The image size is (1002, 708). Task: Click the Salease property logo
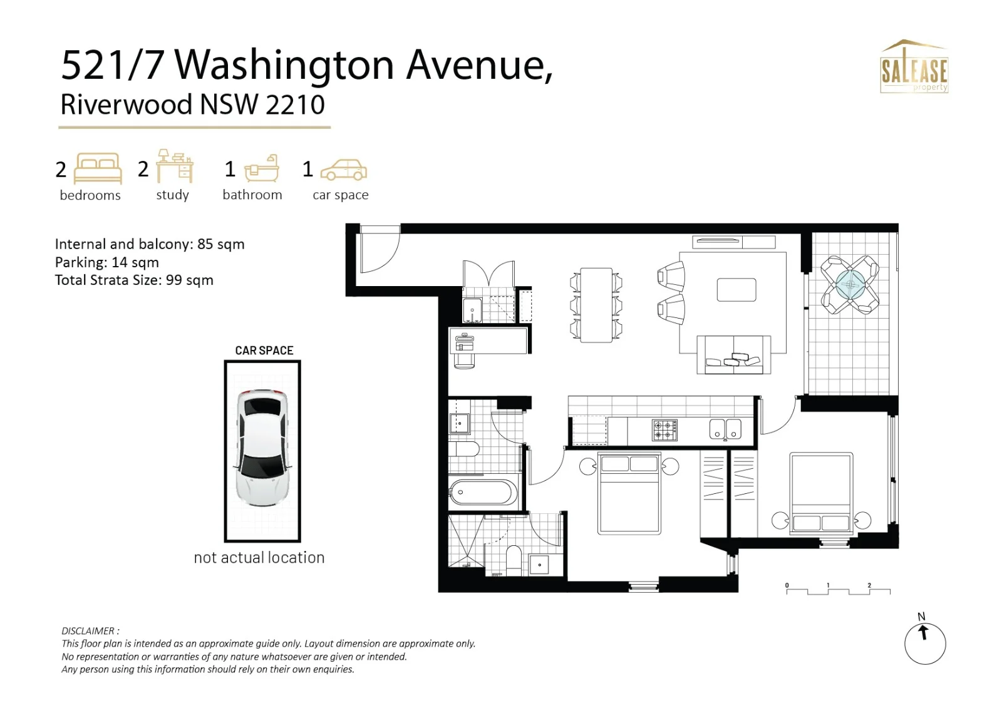(x=914, y=66)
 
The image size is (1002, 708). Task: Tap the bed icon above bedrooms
(x=98, y=168)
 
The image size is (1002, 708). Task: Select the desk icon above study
(x=175, y=166)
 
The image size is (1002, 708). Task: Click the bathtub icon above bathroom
(x=262, y=168)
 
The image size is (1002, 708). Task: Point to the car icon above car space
(x=344, y=170)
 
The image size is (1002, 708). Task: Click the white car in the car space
(x=262, y=447)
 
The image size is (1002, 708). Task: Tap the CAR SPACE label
(x=264, y=350)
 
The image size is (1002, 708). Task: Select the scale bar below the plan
(x=839, y=589)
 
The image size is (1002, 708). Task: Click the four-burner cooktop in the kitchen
(x=664, y=430)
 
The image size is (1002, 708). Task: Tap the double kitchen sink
(x=725, y=429)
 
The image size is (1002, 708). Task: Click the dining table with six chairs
(x=596, y=305)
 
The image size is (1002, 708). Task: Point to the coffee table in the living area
(x=736, y=290)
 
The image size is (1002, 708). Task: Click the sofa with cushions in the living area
(x=733, y=355)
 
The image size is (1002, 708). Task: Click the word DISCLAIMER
(x=88, y=631)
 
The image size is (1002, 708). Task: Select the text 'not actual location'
(x=259, y=558)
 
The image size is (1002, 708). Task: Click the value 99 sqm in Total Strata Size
(x=189, y=280)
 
